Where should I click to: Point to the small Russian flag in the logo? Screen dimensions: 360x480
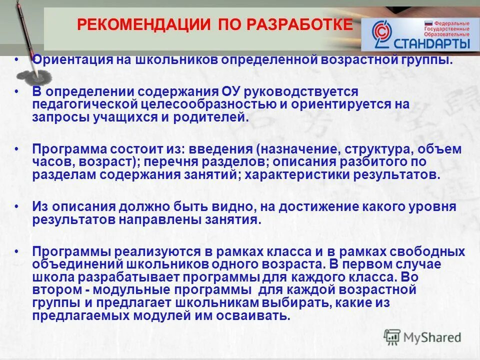(428, 23)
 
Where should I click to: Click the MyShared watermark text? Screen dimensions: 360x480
(432, 337)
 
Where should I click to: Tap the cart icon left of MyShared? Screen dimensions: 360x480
(392, 336)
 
